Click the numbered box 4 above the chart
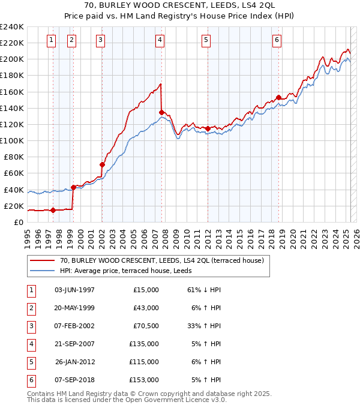[x=160, y=40]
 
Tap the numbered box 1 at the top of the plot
[x=51, y=40]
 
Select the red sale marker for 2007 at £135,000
[x=161, y=112]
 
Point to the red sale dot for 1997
[x=53, y=210]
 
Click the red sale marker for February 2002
[x=102, y=164]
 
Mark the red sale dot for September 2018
[x=278, y=97]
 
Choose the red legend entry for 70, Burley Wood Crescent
[x=157, y=260]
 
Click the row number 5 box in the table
[x=30, y=362]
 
